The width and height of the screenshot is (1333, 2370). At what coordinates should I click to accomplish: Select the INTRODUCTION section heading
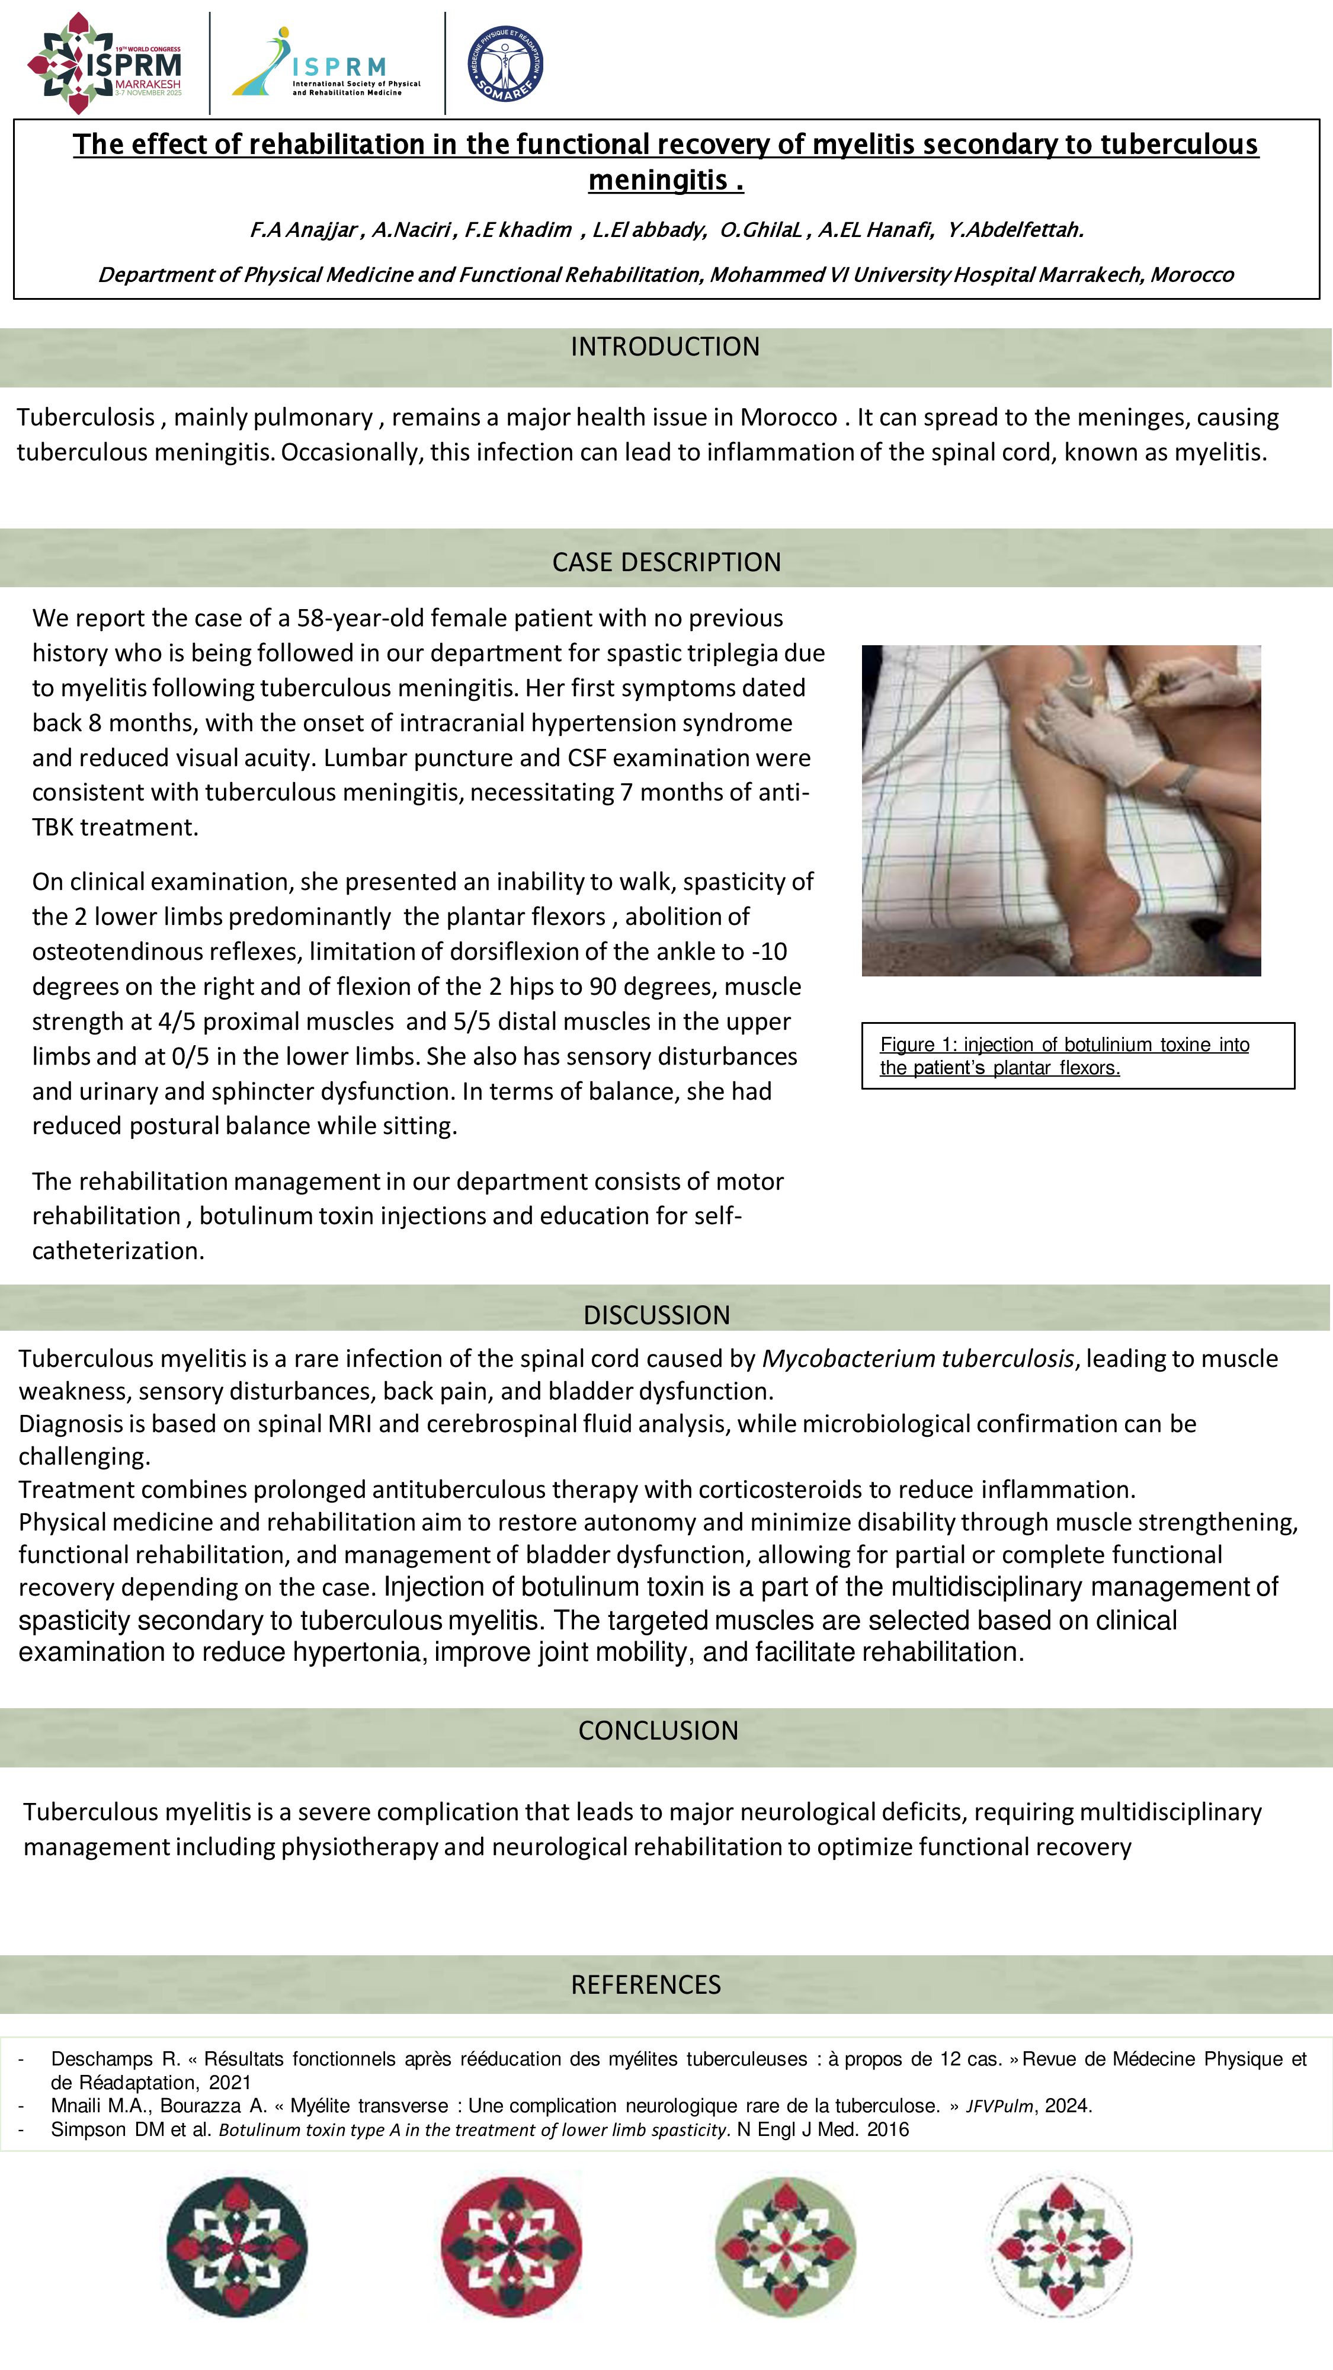pyautogui.click(x=665, y=347)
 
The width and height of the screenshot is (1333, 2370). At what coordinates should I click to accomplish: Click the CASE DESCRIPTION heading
pyautogui.click(x=666, y=562)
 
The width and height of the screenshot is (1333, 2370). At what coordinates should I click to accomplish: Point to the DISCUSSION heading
pyautogui.click(x=657, y=1315)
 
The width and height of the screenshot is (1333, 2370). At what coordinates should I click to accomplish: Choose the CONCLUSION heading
pyautogui.click(x=658, y=1731)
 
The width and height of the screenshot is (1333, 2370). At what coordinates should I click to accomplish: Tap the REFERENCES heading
pyautogui.click(x=646, y=1984)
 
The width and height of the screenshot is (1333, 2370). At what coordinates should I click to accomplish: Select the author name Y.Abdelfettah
pyautogui.click(x=1015, y=230)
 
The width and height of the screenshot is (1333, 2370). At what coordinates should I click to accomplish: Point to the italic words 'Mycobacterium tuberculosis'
pyautogui.click(x=917, y=1359)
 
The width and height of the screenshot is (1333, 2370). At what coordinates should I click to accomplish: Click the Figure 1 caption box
pyautogui.click(x=1077, y=1056)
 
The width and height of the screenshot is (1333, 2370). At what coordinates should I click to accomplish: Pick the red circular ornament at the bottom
pyautogui.click(x=511, y=2247)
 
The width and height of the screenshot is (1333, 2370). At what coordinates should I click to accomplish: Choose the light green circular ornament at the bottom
pyautogui.click(x=785, y=2247)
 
